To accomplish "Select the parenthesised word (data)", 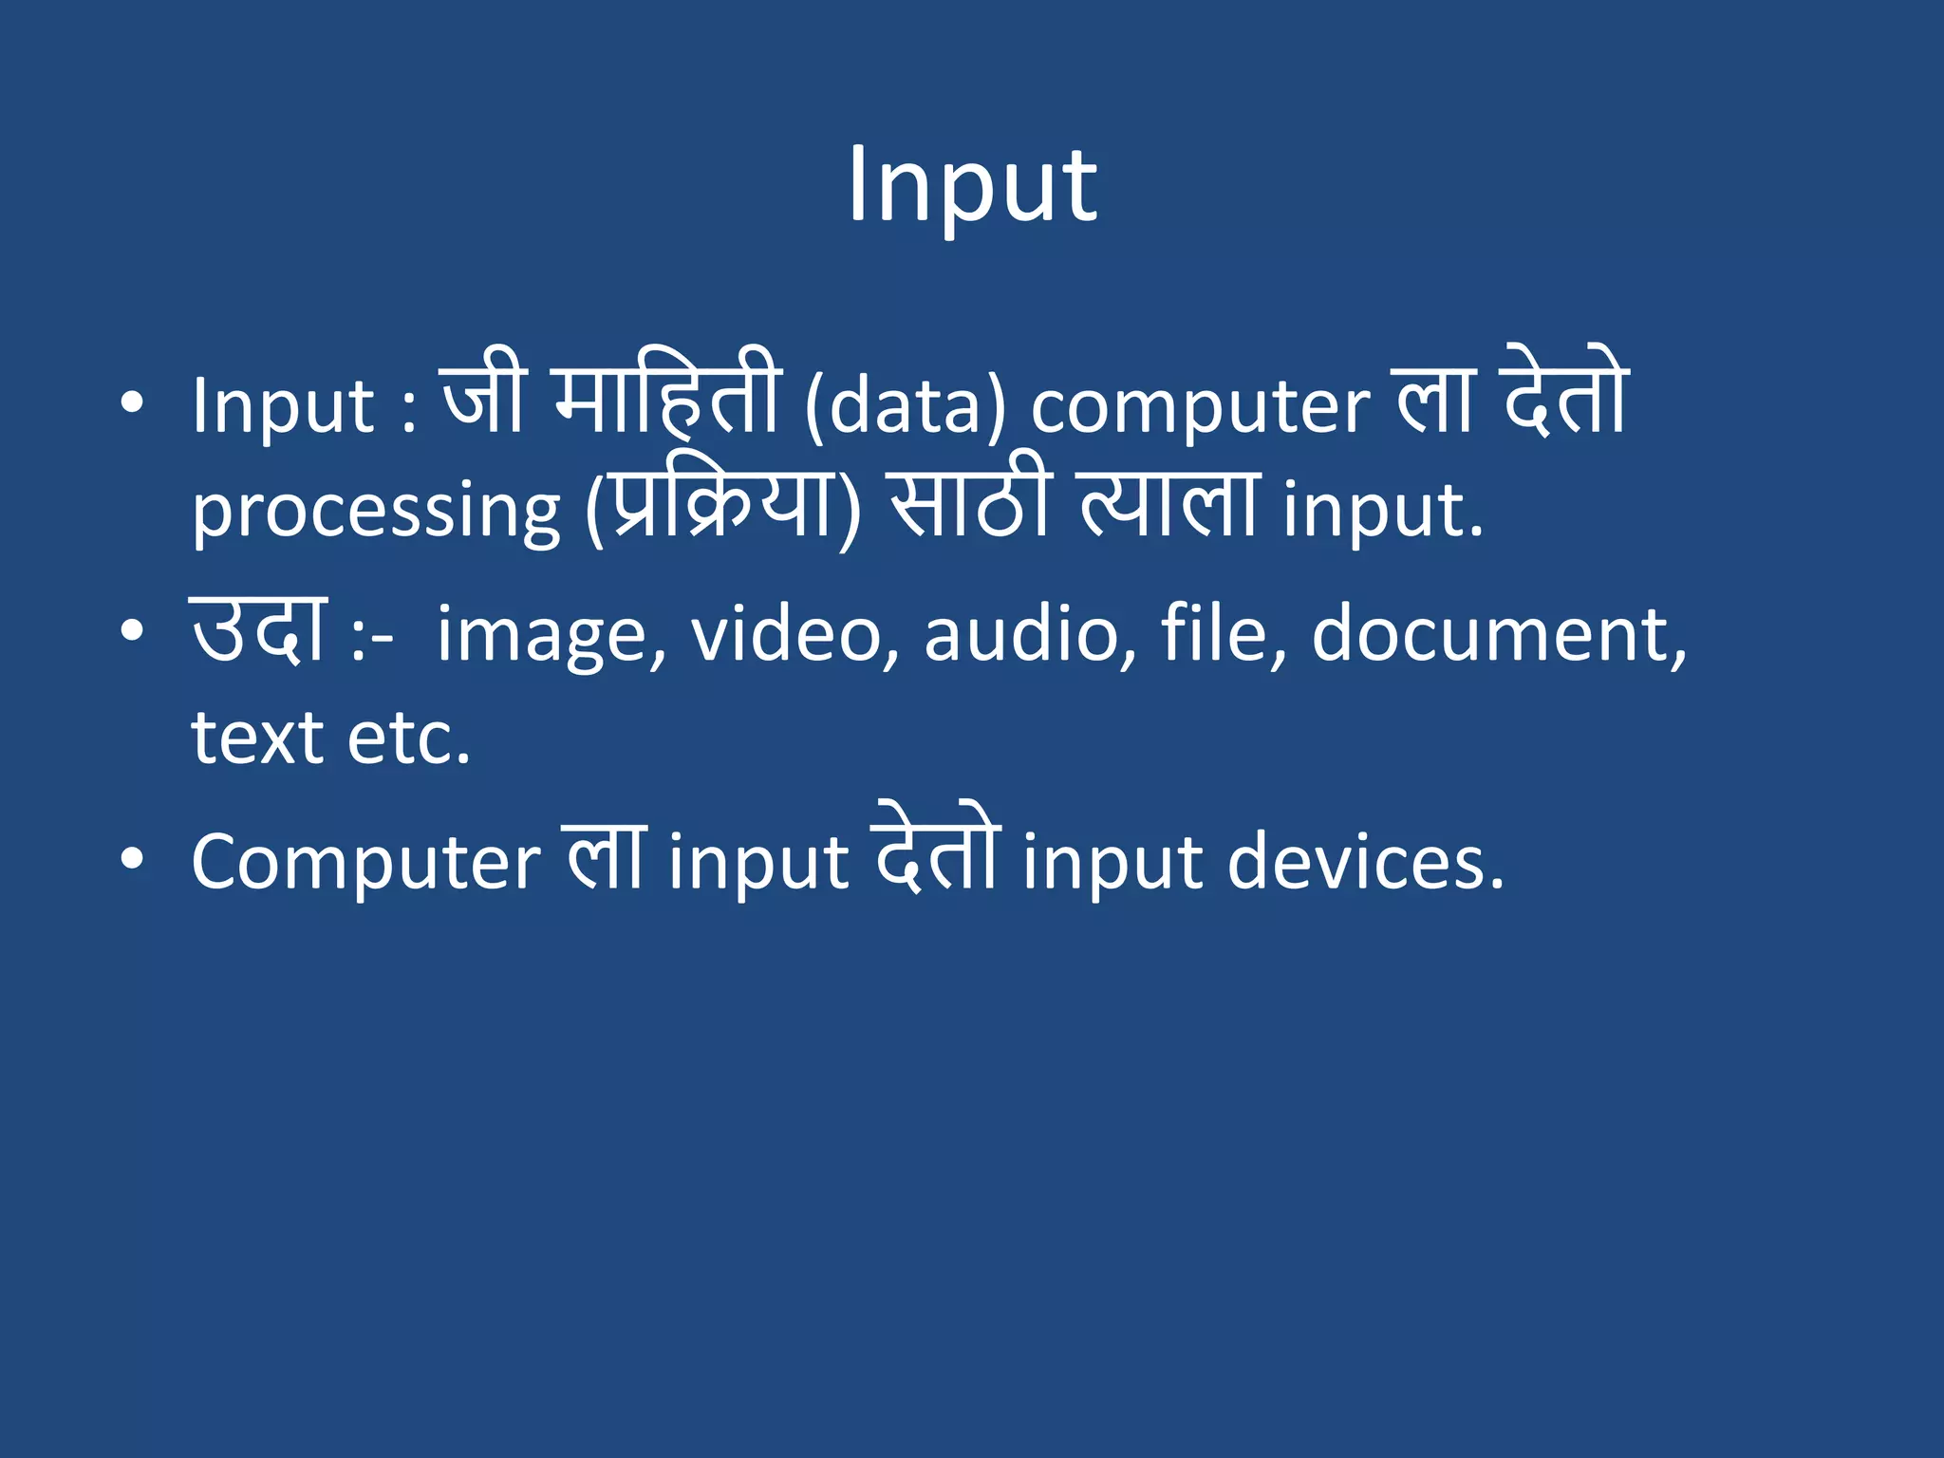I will click(x=905, y=408).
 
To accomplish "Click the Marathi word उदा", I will click(x=259, y=631).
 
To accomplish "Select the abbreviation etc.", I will click(x=409, y=738).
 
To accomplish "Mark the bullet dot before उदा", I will click(x=132, y=630).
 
